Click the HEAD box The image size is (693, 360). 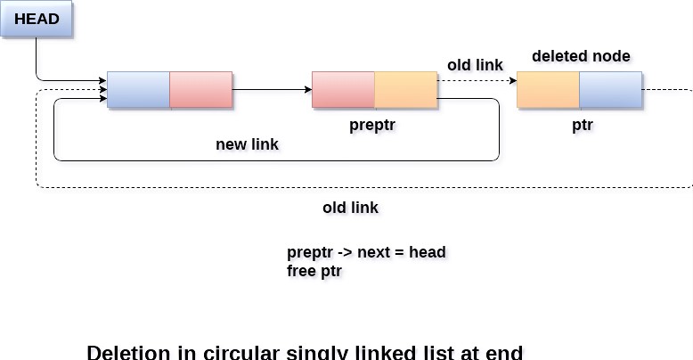click(x=37, y=19)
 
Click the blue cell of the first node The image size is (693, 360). click(x=138, y=89)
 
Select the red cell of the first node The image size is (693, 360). click(x=200, y=89)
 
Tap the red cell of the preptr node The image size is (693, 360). click(x=343, y=89)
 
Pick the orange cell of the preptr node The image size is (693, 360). click(x=405, y=89)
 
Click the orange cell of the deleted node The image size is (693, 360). click(x=548, y=89)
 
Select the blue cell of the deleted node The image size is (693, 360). click(x=610, y=89)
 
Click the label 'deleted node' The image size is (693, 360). click(x=581, y=56)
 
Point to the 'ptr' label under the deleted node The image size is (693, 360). click(x=582, y=125)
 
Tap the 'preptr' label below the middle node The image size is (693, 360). click(x=372, y=125)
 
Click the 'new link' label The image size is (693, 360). click(x=247, y=143)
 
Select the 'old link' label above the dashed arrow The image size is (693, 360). click(x=475, y=65)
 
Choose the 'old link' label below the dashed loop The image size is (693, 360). click(x=350, y=208)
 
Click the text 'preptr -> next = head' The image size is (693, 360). click(x=366, y=252)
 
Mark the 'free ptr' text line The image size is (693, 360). click(x=314, y=271)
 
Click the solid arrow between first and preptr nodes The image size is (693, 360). click(x=272, y=89)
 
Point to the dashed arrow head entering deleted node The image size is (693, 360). click(x=512, y=80)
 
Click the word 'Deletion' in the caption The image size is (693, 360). click(x=128, y=353)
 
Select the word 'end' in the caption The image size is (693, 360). click(x=503, y=353)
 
